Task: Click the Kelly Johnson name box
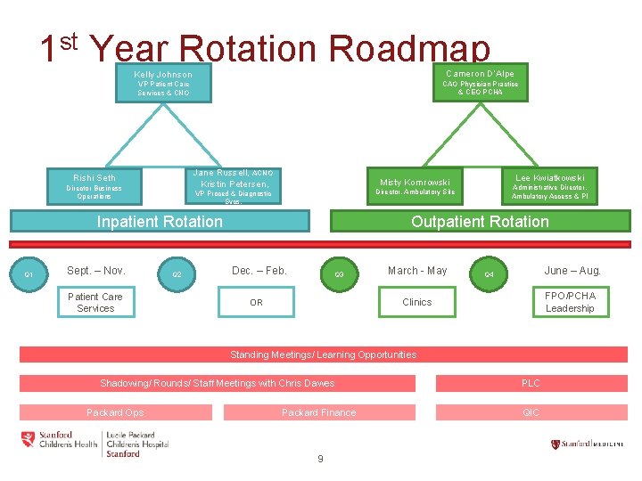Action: pos(163,82)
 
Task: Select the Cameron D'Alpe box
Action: pos(480,81)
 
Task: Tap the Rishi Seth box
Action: pos(94,185)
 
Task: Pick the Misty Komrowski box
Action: pos(415,185)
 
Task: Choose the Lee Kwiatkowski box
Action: pos(549,185)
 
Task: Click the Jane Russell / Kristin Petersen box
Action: pos(235,185)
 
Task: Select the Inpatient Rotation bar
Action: pos(160,221)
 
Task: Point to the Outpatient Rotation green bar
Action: pos(480,221)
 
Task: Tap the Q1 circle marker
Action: pos(29,274)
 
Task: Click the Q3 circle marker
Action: pos(339,274)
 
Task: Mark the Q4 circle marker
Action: pos(489,274)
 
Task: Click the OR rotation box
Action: pos(257,302)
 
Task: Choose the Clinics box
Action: pos(416,302)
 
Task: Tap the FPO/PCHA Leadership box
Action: pos(570,302)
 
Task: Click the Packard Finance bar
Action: pos(318,412)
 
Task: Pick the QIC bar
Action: pos(531,412)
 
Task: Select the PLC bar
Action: pos(531,383)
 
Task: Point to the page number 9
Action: pos(320,459)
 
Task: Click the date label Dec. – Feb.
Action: pos(259,271)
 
